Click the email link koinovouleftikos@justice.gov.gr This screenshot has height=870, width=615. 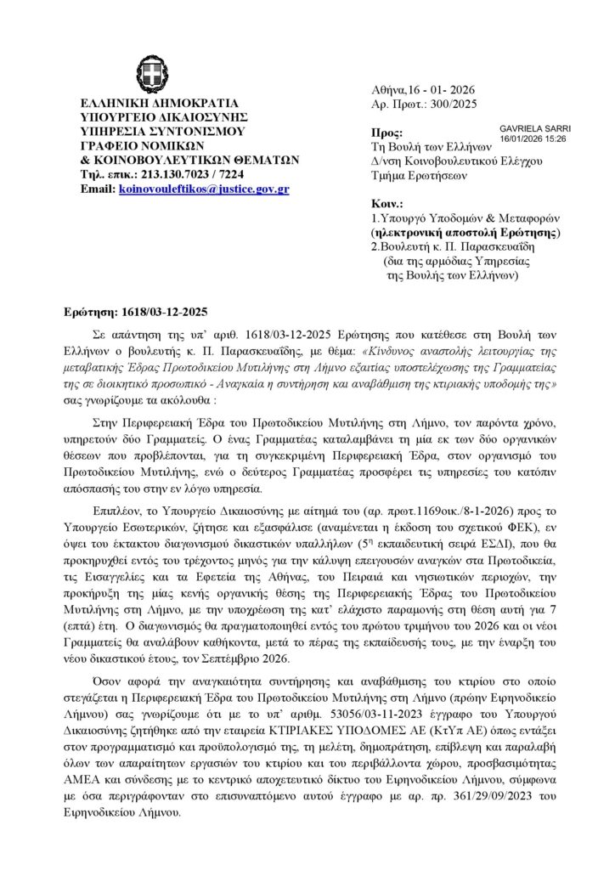(204, 188)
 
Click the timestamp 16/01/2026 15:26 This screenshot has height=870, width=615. (533, 138)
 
